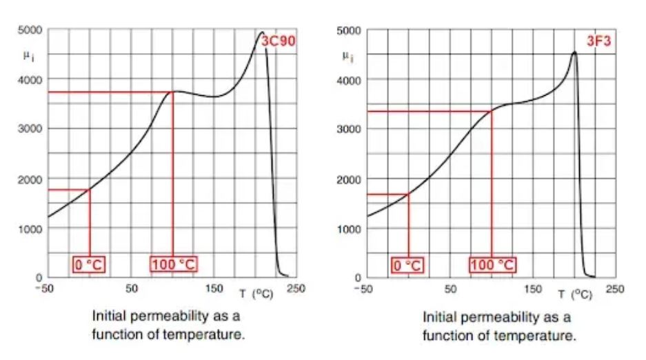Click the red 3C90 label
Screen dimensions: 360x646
point(279,41)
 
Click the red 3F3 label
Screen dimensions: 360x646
point(598,41)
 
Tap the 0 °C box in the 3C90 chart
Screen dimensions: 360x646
point(90,264)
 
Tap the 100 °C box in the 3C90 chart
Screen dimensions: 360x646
point(173,264)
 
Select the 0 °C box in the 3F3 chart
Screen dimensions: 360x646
point(408,265)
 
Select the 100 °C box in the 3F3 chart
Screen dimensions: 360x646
point(492,265)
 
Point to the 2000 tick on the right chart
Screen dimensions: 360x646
point(352,180)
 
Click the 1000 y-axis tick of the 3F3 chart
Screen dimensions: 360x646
point(352,230)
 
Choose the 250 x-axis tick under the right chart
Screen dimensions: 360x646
point(615,289)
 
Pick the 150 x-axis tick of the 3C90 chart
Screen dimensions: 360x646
point(214,288)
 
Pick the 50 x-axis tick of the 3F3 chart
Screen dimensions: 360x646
point(450,289)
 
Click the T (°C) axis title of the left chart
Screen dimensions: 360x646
point(256,294)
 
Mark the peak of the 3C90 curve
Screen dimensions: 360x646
point(261,32)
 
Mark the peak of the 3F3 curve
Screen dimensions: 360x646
point(574,52)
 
